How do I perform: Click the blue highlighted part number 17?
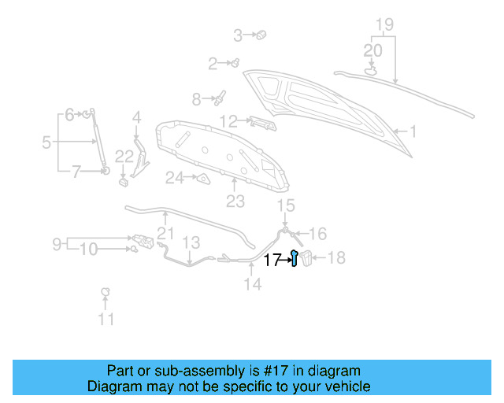tap(294, 258)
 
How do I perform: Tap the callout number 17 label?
tap(272, 260)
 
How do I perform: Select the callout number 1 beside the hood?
tap(411, 132)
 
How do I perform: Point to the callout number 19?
tap(384, 24)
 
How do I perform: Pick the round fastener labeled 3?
tap(262, 35)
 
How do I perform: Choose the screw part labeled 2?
tap(234, 62)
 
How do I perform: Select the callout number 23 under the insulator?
tap(235, 202)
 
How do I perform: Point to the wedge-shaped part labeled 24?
tap(202, 179)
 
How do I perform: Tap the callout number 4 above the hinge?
tap(136, 117)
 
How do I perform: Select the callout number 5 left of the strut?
tap(46, 142)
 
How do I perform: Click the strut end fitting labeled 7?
tap(105, 170)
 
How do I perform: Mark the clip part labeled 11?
tap(104, 294)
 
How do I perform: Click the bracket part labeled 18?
tap(309, 257)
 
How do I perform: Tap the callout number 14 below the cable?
tap(252, 285)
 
